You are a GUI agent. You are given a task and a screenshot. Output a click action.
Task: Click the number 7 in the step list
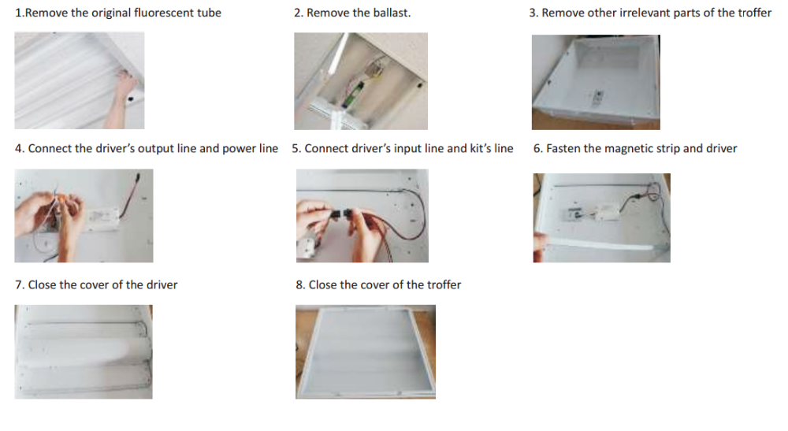pos(20,284)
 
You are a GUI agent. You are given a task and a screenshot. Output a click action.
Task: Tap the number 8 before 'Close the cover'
pos(300,284)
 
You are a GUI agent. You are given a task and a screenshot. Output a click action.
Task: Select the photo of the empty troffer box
pos(596,83)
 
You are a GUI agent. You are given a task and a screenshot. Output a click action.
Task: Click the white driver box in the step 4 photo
pos(104,220)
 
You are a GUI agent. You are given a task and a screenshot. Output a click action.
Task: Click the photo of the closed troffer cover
pos(366,351)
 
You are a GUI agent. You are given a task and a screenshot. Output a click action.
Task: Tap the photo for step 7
pos(84,351)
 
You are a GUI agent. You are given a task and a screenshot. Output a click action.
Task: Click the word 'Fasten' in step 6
pos(563,149)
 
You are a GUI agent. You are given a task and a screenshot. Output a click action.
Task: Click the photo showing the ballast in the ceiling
pos(361,81)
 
